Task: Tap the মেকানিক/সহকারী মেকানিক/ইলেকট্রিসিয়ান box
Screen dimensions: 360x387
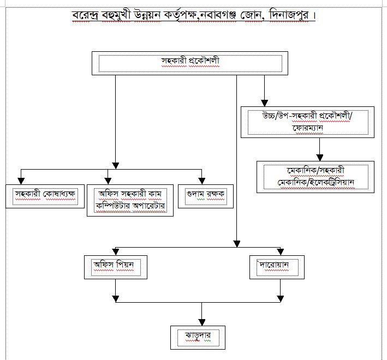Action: pos(315,176)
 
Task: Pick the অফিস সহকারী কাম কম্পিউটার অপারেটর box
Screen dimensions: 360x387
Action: pos(130,200)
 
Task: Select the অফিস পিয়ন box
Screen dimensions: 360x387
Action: pos(116,267)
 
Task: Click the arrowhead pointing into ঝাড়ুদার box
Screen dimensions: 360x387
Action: pos(202,322)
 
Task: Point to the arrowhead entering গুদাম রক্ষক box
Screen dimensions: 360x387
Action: pos(202,180)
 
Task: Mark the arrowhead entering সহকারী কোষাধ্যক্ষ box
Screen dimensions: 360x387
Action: pos(20,180)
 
